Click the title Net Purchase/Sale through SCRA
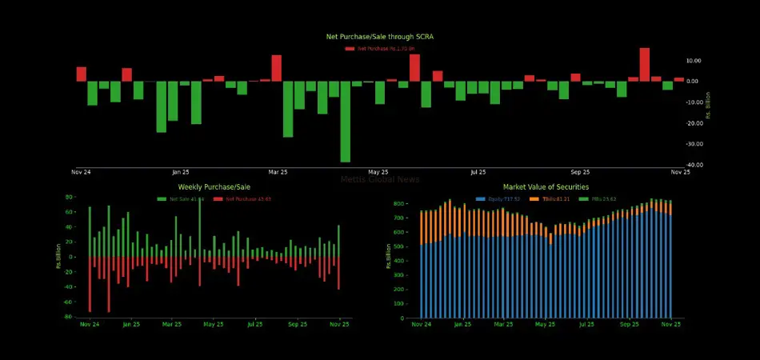pyautogui.click(x=380, y=37)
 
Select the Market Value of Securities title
pyautogui.click(x=541, y=186)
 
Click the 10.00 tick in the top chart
pyautogui.click(x=694, y=61)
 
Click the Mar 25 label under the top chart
pyautogui.click(x=278, y=172)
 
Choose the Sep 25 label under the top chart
pyautogui.click(x=580, y=172)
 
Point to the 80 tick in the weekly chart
pyautogui.click(x=70, y=197)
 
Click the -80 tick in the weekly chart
pyautogui.click(x=69, y=317)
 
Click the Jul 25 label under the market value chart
pyautogui.click(x=586, y=325)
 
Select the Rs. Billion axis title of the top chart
pyautogui.click(x=708, y=104)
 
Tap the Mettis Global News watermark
pyautogui.click(x=380, y=180)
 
